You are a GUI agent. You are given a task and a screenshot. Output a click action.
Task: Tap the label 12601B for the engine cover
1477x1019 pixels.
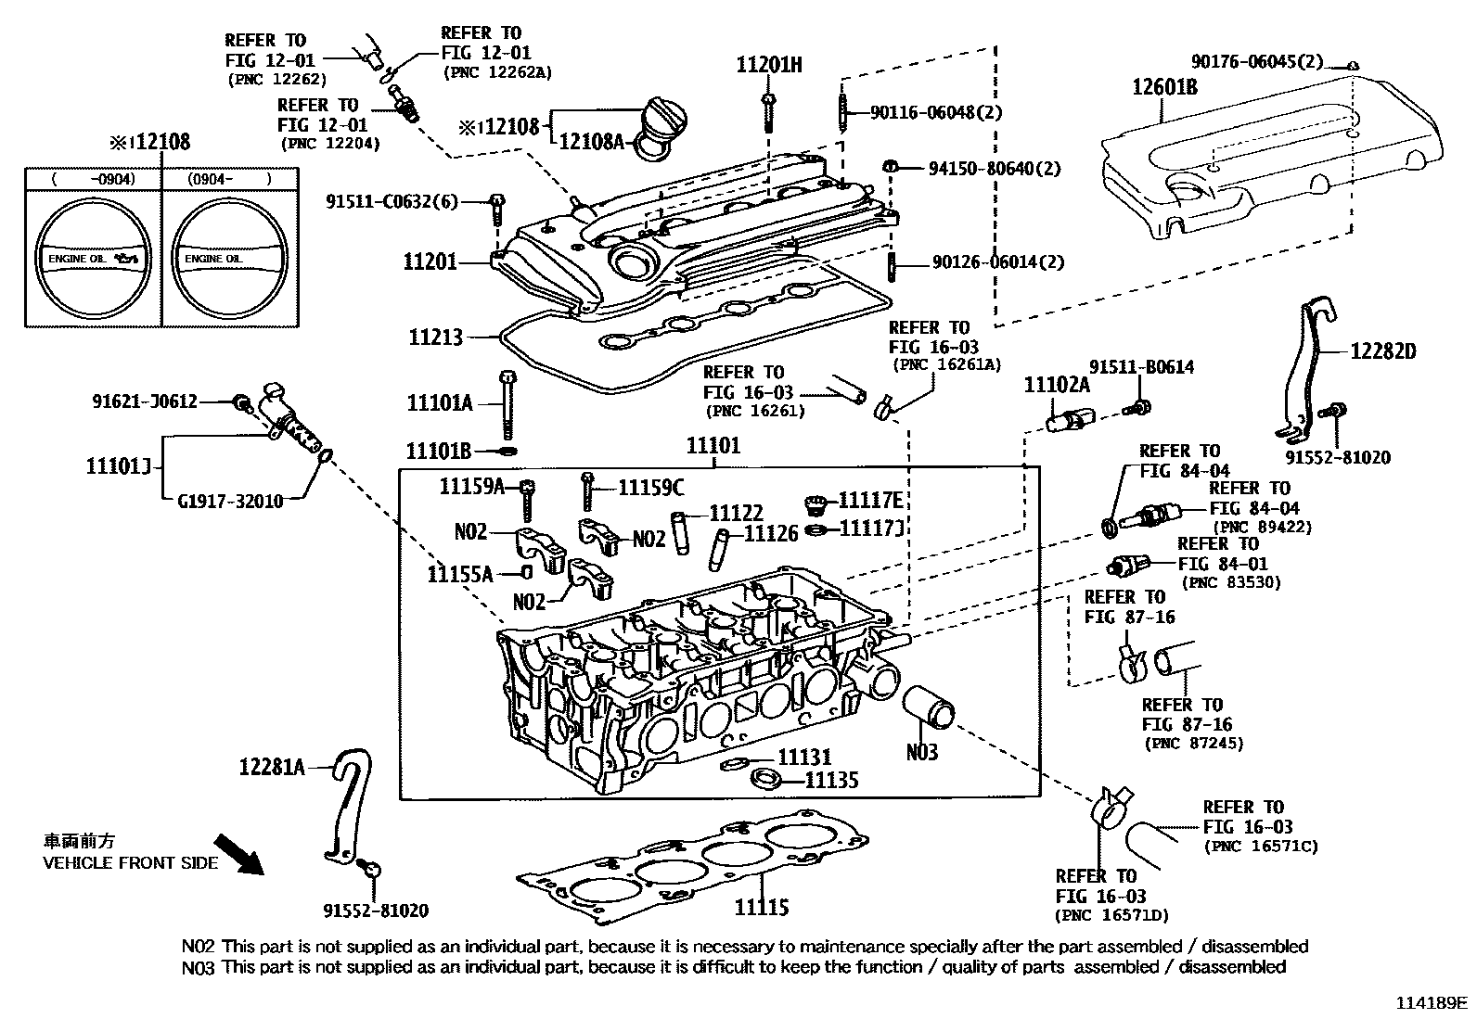[x=1164, y=87]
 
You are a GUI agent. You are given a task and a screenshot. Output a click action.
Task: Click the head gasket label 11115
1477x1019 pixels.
[x=762, y=906]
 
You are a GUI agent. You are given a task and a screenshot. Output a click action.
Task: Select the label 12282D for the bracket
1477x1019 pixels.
[x=1382, y=351]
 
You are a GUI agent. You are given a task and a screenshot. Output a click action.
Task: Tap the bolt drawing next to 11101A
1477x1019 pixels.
[x=507, y=404]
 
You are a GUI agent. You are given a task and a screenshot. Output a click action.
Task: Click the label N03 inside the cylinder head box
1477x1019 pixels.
[x=922, y=751]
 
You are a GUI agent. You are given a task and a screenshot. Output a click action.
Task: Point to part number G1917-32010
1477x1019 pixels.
[x=230, y=500]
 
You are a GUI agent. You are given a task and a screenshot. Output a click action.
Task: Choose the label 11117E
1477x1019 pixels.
[x=870, y=501]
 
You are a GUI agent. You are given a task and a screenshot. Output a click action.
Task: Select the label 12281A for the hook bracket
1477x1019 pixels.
[x=271, y=766]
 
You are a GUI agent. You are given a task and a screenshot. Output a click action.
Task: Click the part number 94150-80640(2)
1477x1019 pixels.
[x=995, y=169]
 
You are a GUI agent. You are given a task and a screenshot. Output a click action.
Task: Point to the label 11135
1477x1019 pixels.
[x=830, y=781]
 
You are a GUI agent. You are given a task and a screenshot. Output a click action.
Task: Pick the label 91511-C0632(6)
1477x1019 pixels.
[x=392, y=200]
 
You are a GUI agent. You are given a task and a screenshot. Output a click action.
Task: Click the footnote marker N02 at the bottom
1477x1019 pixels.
[x=199, y=947]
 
